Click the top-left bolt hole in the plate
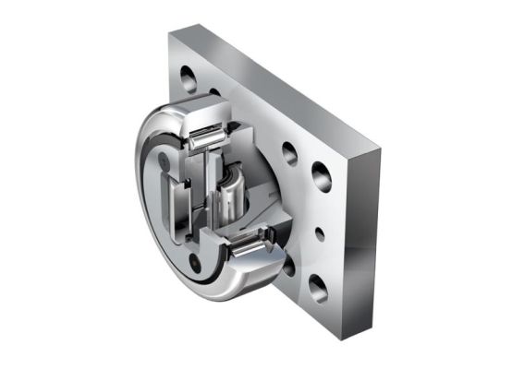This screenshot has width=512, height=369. coord(188,73)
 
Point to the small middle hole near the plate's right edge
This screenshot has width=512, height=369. coord(320,232)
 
